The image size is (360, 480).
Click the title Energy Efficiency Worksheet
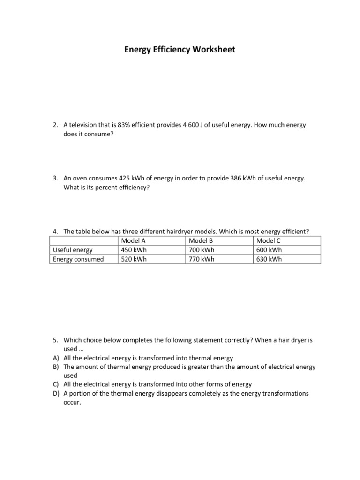(180, 49)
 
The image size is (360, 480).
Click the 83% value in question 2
(124, 125)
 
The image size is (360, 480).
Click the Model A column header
(133, 240)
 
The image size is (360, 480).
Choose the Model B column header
(201, 240)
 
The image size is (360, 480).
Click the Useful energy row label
(73, 250)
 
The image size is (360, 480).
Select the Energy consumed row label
(78, 259)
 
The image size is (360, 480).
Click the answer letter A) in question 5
(56, 358)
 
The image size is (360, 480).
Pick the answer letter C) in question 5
(56, 384)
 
